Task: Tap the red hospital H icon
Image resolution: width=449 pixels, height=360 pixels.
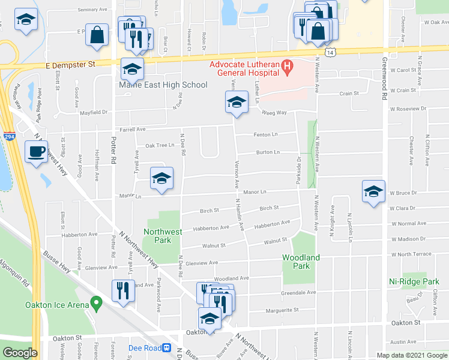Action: (287, 65)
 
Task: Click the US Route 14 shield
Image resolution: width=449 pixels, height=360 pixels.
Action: (331, 53)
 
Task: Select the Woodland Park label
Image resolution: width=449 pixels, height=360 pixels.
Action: (301, 262)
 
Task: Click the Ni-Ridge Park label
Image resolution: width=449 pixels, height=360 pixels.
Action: (414, 281)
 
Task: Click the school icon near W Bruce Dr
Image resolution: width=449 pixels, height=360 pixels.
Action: (373, 191)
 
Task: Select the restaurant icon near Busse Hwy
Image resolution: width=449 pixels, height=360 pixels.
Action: (123, 290)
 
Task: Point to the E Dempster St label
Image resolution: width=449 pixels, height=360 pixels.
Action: (71, 63)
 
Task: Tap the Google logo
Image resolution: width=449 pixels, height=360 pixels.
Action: (19, 353)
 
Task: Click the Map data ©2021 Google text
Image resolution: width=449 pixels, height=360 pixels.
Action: (412, 355)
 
